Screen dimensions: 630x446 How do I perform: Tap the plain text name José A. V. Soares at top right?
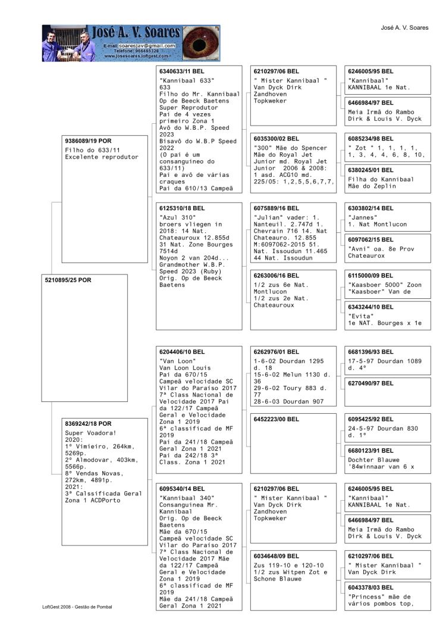tap(404, 28)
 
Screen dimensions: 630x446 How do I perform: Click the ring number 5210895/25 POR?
tap(68, 280)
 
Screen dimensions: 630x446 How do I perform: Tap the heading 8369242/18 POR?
tap(88, 423)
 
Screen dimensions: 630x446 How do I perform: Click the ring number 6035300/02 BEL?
tap(277, 138)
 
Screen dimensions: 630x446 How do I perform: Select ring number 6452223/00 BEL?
tap(277, 419)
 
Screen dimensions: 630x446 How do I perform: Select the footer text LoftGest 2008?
tap(60, 607)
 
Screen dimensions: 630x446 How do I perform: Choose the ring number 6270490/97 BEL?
tap(370, 383)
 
